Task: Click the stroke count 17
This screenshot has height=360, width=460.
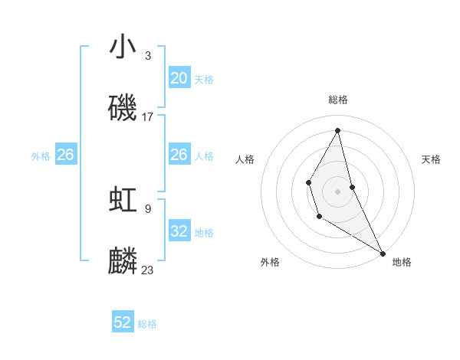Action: [x=148, y=117]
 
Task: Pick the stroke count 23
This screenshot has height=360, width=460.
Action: [x=148, y=270]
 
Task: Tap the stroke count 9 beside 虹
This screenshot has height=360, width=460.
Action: [x=148, y=208]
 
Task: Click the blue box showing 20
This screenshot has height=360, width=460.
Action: [x=179, y=77]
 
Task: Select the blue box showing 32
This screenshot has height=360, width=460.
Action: [x=179, y=231]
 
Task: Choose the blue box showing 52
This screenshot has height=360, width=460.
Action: [x=123, y=322]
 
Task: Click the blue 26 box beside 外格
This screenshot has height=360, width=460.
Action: [x=66, y=155]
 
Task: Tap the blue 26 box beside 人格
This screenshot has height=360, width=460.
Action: [x=179, y=155]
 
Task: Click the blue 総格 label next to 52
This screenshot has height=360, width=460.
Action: [x=147, y=324]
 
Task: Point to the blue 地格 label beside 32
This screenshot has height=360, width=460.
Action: [x=204, y=233]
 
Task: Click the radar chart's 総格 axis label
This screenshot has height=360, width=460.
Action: [x=338, y=100]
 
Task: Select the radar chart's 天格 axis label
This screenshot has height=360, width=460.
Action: [x=431, y=159]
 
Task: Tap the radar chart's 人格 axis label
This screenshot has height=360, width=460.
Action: [x=245, y=159]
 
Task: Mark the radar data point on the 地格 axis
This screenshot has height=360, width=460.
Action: [x=383, y=253]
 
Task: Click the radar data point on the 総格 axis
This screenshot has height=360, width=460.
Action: [x=338, y=130]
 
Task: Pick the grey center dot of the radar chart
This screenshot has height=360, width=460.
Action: [x=338, y=191]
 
